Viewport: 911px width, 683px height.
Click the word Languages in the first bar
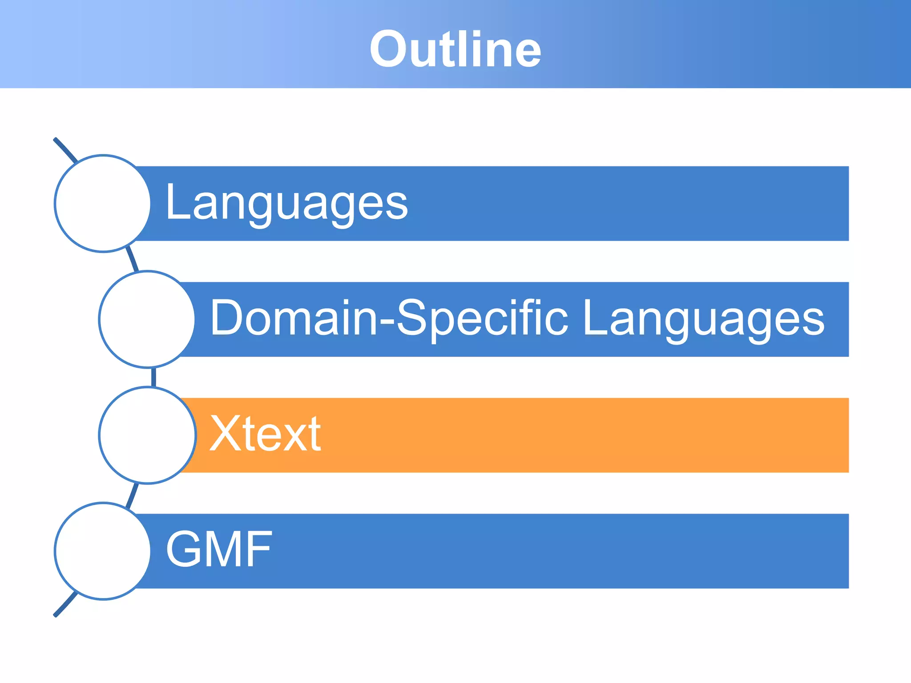(x=286, y=203)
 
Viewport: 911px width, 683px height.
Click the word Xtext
(x=265, y=434)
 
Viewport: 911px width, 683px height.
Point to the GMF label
(x=218, y=550)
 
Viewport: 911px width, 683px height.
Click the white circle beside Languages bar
(x=103, y=204)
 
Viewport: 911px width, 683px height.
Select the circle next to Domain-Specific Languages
(x=147, y=319)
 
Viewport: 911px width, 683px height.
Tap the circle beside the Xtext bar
(x=147, y=435)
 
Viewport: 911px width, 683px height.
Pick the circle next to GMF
(x=103, y=551)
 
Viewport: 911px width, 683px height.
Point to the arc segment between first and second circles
(x=133, y=260)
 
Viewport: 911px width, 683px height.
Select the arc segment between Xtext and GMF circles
(x=133, y=494)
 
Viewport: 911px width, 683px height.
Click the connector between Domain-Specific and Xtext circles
(x=153, y=377)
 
